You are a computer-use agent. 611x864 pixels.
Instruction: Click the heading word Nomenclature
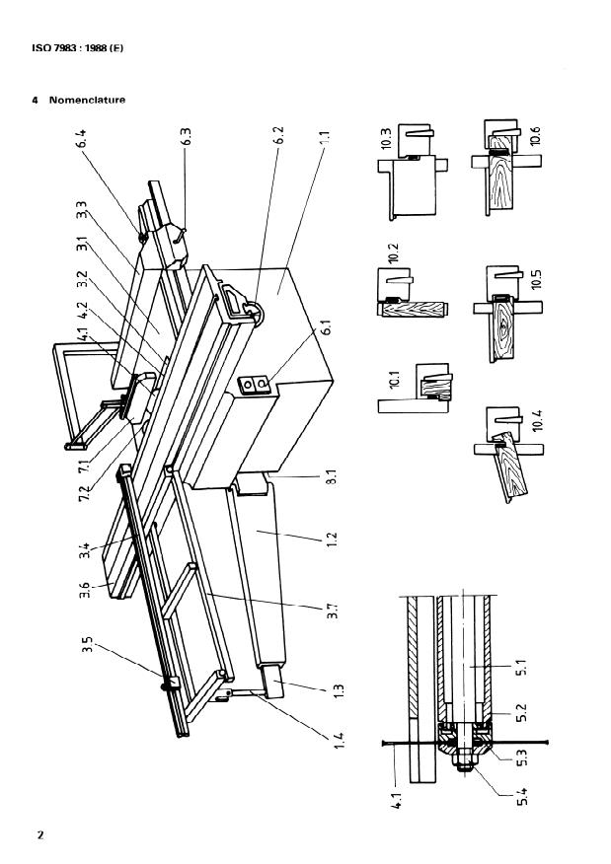(x=88, y=101)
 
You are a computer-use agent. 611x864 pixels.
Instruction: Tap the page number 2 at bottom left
(x=40, y=836)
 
